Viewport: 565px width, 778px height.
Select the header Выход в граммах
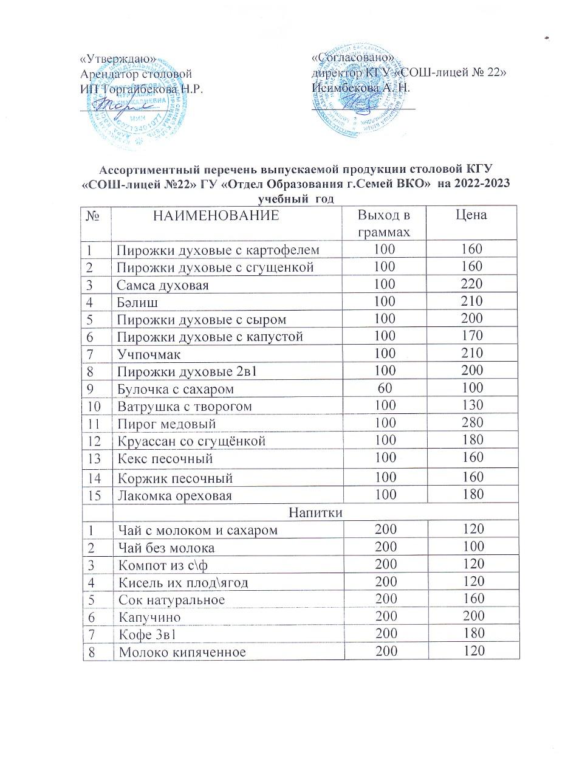383,223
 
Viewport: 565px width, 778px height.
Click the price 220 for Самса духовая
471,283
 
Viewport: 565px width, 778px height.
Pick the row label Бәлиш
136,301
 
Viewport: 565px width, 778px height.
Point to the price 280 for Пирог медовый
471,422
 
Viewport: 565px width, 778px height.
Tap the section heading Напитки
316,512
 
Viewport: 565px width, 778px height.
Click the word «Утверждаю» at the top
118,59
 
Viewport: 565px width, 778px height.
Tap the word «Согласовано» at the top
353,58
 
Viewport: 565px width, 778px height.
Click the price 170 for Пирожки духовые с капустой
471,336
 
